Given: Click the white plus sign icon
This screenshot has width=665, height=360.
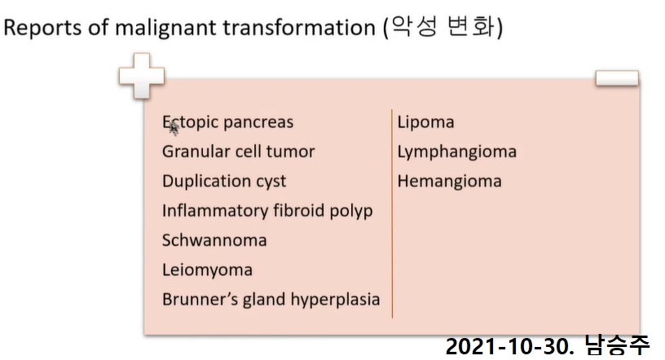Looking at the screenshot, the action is tap(142, 77).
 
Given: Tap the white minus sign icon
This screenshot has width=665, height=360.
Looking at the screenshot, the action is tap(617, 78).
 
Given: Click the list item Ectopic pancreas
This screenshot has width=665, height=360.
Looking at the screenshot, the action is tap(227, 122).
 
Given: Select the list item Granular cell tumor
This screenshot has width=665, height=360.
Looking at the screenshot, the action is tap(238, 151).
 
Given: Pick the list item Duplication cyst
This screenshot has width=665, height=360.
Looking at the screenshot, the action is tap(224, 182).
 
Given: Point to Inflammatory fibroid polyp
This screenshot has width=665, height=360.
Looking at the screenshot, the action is tap(267, 211).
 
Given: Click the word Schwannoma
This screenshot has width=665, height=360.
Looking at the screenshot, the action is tap(214, 240).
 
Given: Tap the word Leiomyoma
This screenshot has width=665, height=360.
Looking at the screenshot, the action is tap(207, 270).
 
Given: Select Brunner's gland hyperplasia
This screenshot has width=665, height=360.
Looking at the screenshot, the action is tap(271, 300).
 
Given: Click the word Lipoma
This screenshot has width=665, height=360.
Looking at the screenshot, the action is tap(425, 122).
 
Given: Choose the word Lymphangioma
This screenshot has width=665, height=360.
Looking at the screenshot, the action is tap(456, 152).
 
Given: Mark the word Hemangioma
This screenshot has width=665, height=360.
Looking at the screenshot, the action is tap(450, 182).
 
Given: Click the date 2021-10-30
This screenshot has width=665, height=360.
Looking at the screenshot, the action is tap(509, 346).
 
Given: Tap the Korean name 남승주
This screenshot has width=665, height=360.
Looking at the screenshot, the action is tap(617, 345).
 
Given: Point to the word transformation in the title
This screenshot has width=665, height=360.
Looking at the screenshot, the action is tap(299, 28).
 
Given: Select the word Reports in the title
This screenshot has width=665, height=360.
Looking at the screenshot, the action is tap(43, 28).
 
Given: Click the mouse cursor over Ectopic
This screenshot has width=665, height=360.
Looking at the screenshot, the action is tap(174, 129).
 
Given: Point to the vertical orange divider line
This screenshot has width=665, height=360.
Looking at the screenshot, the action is tap(392, 213).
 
